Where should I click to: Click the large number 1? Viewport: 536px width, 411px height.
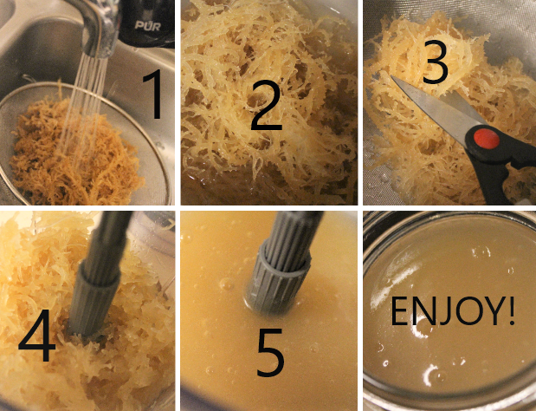(x=152, y=94)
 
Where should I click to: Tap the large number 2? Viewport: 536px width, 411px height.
(x=267, y=108)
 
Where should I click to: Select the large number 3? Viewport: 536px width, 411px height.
(x=436, y=62)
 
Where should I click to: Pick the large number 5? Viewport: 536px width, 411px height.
(x=270, y=352)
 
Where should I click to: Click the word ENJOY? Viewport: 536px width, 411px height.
(x=452, y=311)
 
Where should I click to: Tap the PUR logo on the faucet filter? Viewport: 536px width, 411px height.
(x=148, y=25)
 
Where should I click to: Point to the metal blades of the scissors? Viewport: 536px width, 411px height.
(x=441, y=106)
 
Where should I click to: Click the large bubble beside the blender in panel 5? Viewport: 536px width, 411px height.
(x=227, y=284)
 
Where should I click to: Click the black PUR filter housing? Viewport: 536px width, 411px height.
(x=147, y=23)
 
